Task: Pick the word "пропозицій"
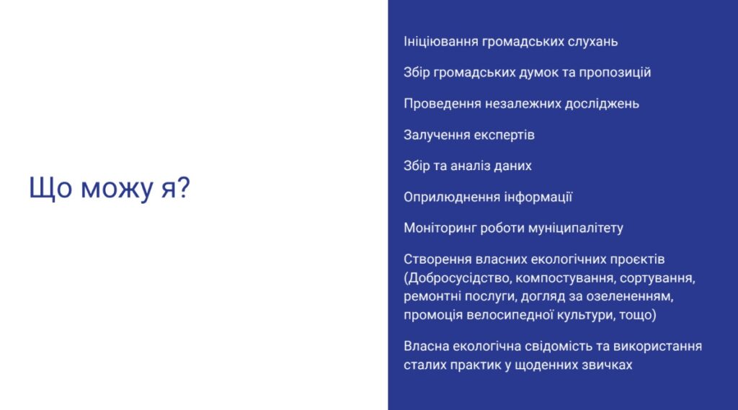(x=615, y=73)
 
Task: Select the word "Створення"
(x=437, y=259)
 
